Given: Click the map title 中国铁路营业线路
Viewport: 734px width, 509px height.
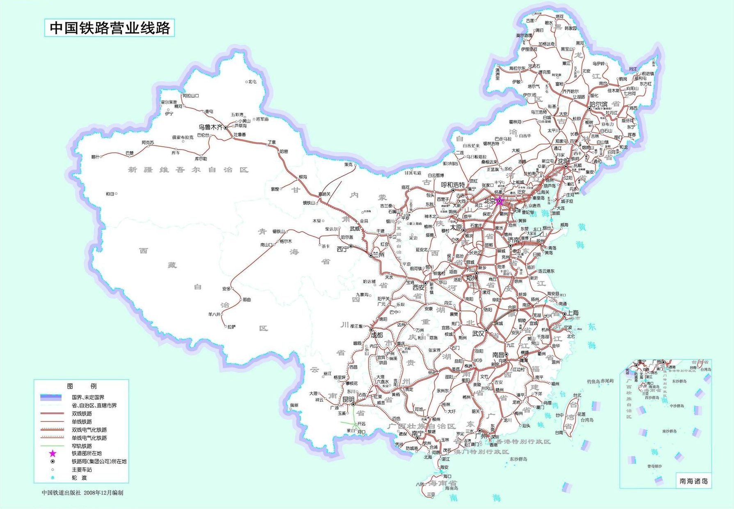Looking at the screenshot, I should click(110, 28).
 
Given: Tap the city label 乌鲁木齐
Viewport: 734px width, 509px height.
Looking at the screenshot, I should click(210, 128).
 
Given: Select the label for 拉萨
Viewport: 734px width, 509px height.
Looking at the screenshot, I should click(232, 327).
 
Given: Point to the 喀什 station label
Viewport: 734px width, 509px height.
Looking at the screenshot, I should click(95, 157).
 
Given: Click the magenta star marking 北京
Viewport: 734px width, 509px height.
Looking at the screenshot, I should click(499, 201).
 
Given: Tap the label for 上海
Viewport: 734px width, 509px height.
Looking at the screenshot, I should click(573, 313).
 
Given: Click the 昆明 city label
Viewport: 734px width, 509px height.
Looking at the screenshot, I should click(348, 399).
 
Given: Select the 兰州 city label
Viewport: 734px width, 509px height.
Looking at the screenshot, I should click(378, 255).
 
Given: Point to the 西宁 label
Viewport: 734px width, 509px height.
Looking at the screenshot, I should click(342, 249).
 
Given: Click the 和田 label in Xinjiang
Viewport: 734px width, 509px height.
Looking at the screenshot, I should click(110, 193).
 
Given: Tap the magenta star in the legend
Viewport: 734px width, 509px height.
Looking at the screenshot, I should click(53, 454).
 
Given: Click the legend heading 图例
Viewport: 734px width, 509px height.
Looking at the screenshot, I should click(82, 386).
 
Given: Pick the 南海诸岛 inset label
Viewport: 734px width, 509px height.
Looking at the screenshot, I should click(693, 481).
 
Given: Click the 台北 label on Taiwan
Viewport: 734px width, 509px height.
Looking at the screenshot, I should click(577, 395).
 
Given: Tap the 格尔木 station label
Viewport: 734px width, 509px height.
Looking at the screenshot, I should click(286, 242).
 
